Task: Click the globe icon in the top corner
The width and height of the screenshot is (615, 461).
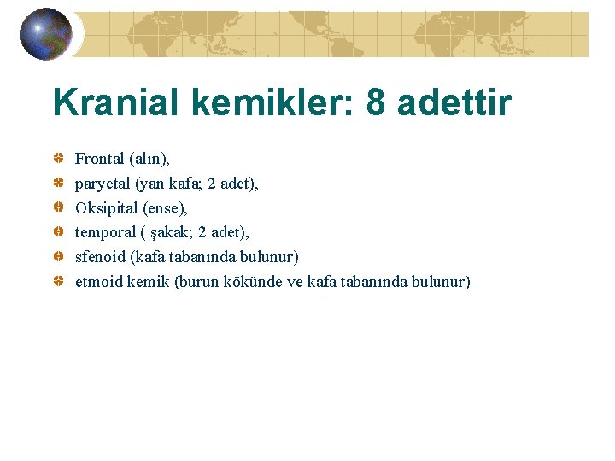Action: click(x=45, y=34)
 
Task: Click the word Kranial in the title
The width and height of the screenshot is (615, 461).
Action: click(x=118, y=103)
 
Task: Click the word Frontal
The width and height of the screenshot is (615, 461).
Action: click(x=99, y=159)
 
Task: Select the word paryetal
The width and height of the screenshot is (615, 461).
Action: click(x=102, y=184)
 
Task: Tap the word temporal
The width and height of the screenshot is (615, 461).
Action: click(x=105, y=232)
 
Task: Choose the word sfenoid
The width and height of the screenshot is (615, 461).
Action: click(x=100, y=257)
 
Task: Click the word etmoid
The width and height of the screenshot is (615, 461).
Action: click(x=99, y=282)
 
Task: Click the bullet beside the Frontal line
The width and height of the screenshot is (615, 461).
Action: click(x=57, y=159)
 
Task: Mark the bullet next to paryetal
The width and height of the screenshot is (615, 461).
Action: click(x=57, y=184)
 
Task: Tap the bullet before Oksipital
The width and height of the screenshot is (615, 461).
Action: click(x=57, y=207)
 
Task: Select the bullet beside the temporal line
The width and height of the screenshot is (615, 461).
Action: click(x=57, y=232)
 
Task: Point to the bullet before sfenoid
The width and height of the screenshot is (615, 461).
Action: click(x=57, y=257)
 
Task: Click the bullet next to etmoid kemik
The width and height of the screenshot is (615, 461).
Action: click(x=57, y=282)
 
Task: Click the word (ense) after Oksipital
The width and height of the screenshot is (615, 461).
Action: click(x=164, y=208)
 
